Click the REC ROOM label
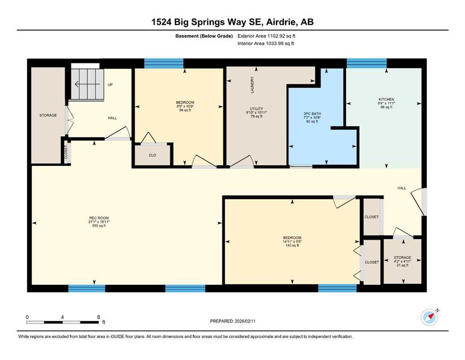coord(99,218)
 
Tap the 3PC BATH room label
coord(312,113)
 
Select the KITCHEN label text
coord(386,99)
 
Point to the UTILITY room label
coord(257,109)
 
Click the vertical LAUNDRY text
coord(252,85)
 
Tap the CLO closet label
coord(153,155)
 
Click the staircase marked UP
coord(87,84)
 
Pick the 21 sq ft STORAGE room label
coord(402,258)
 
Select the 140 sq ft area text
coord(292,246)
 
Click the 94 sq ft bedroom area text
coord(185,110)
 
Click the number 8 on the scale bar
coord(99,317)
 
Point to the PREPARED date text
coord(233,321)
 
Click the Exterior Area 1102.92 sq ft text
coord(266,36)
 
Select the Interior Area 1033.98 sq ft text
coord(266,43)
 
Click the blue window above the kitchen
coord(367,63)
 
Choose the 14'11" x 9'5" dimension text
coord(292,241)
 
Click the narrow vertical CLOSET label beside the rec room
coord(66,152)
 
